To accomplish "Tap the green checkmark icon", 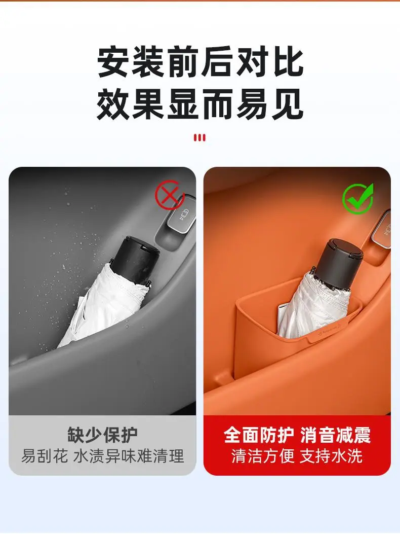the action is tap(357, 199).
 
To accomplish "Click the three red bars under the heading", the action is tap(199, 138).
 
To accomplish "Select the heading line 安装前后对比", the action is tap(200, 63).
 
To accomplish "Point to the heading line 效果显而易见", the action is tap(200, 104).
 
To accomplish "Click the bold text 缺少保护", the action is tap(102, 435).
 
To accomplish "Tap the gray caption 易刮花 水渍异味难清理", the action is tap(102, 456).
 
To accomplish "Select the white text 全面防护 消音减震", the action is tap(297, 435).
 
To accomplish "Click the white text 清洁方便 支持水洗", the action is tap(297, 456).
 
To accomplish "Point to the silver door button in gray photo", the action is tap(181, 218).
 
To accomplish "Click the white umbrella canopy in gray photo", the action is tap(102, 306).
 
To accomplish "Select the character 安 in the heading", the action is tap(113, 63).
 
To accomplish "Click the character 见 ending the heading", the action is tap(287, 104).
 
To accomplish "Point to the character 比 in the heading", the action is tap(287, 63).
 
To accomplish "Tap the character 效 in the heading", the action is tap(113, 104).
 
